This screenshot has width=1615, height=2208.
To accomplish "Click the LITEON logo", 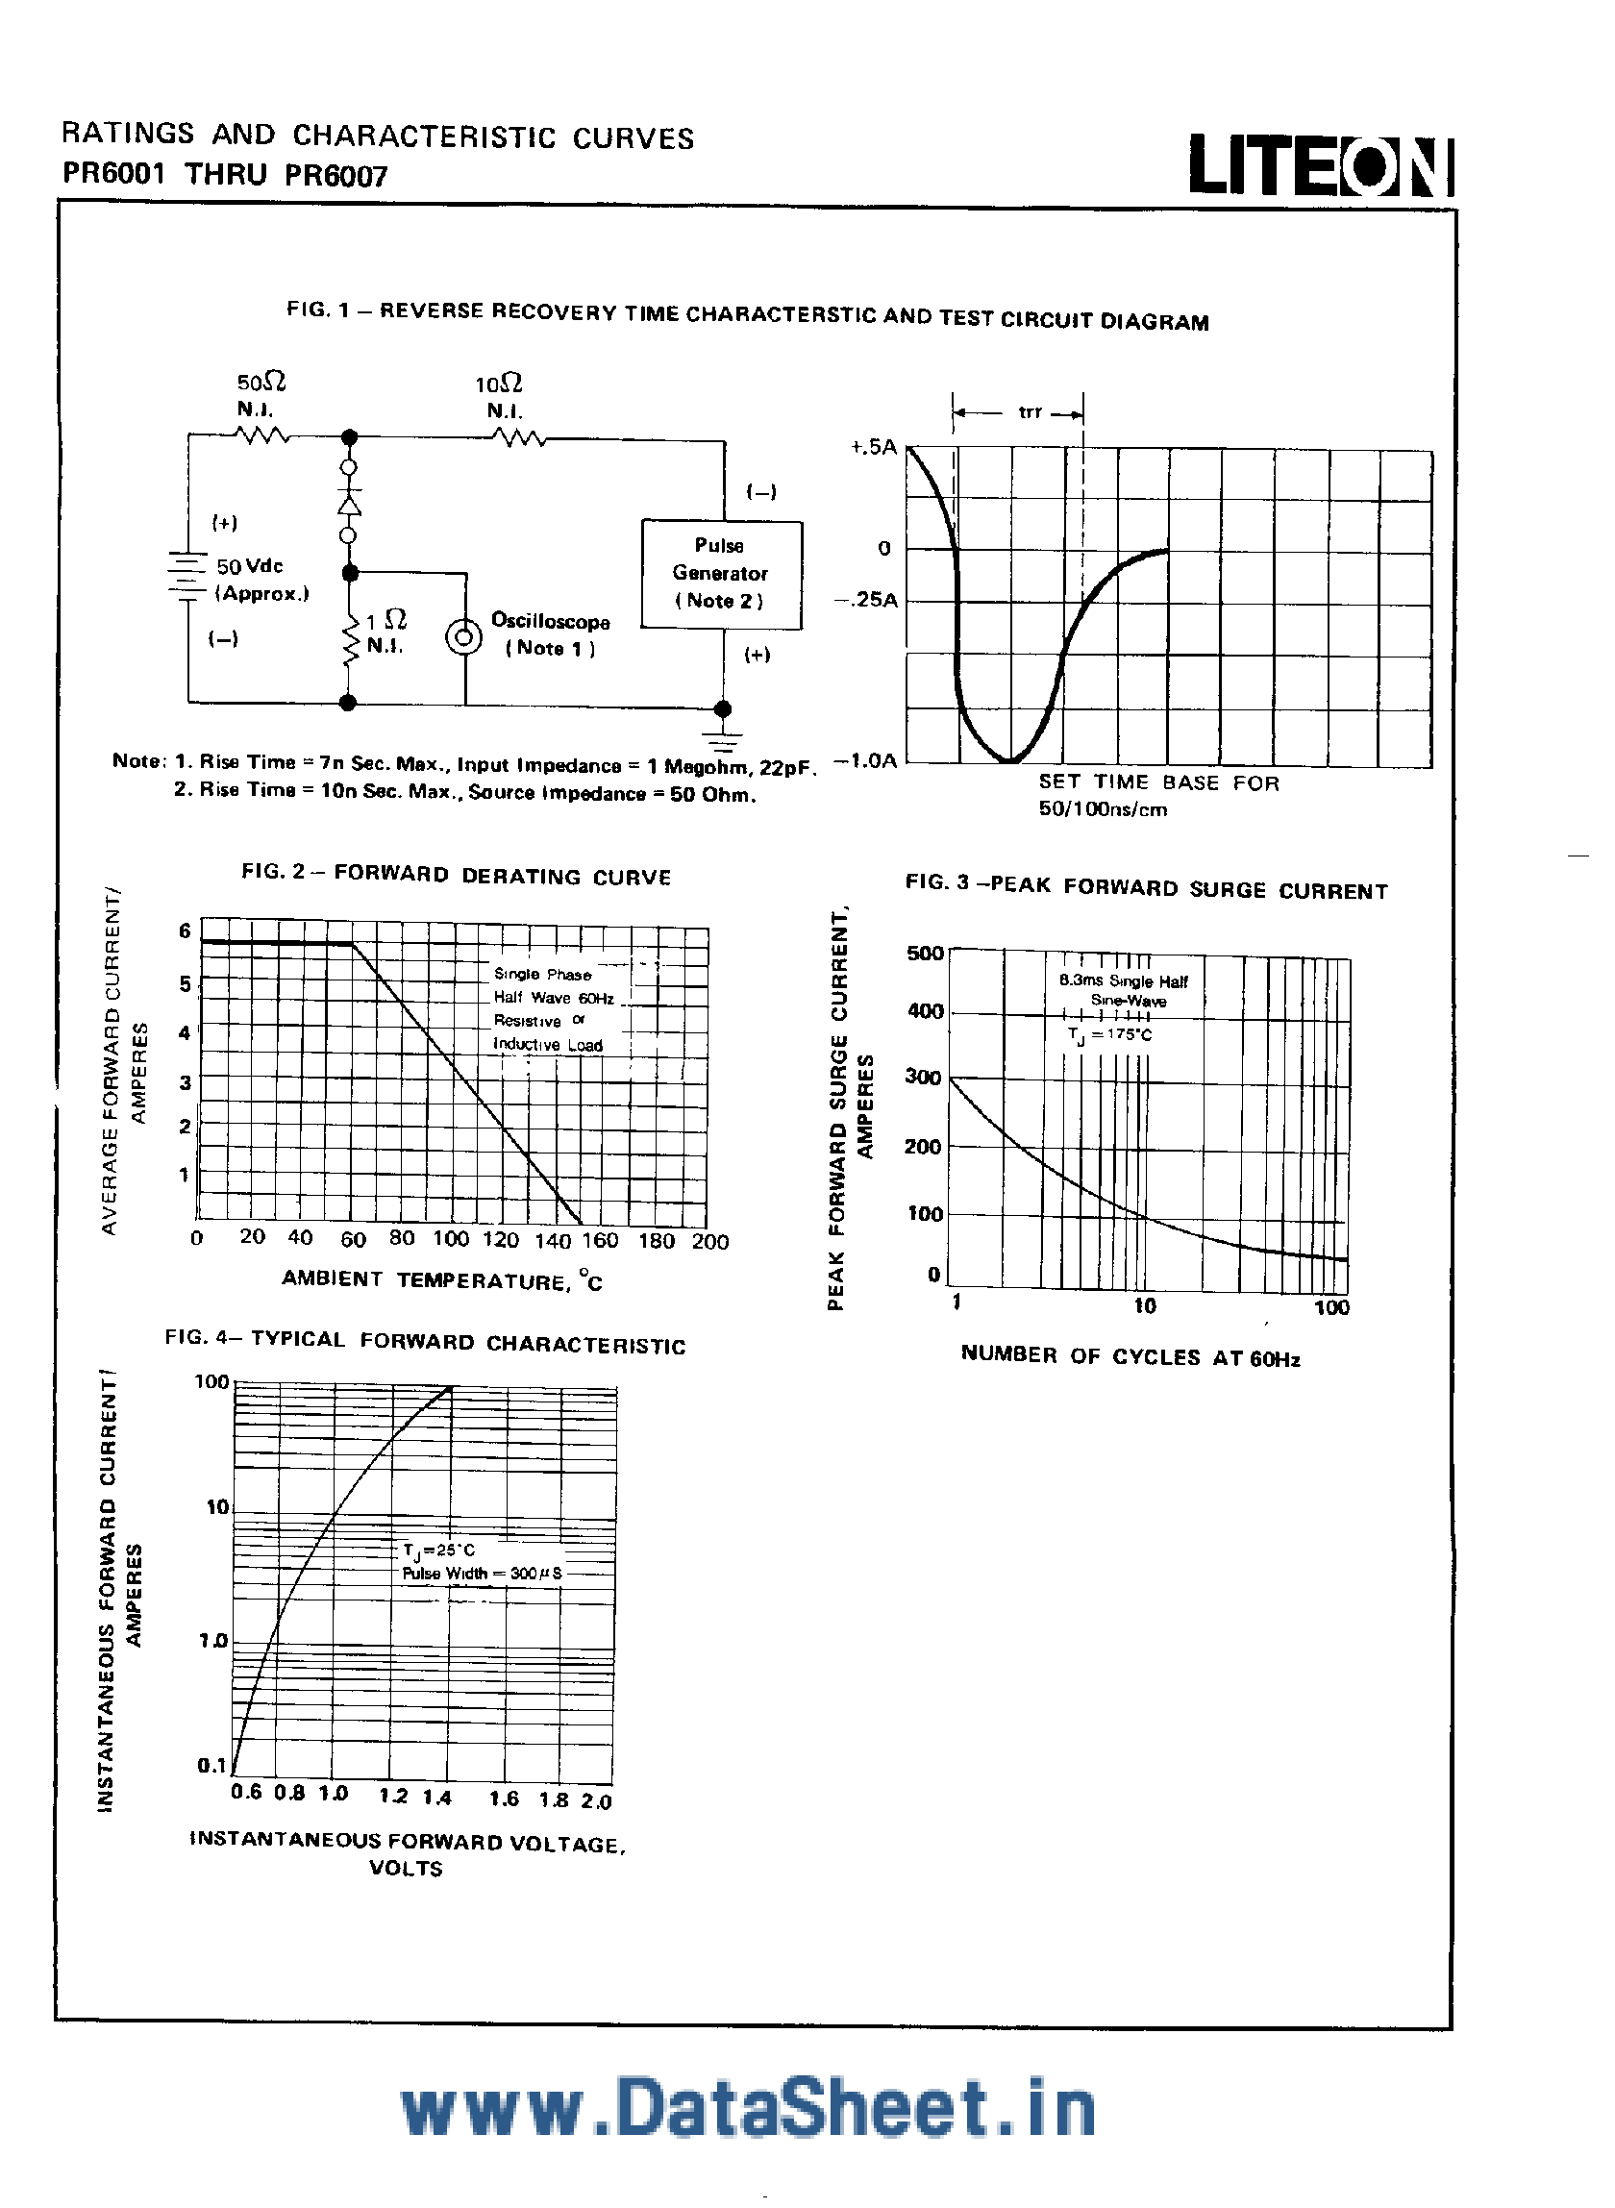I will click(1320, 166).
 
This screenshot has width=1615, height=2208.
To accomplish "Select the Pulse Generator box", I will click(722, 574).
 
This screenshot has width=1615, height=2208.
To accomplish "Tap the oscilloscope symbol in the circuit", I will click(463, 638).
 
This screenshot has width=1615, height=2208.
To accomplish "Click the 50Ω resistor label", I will click(261, 383).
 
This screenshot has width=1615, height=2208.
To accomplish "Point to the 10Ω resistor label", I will click(499, 385).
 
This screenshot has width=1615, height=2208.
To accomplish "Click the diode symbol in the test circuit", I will click(348, 502).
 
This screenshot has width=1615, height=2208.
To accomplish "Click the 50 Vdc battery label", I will click(250, 567).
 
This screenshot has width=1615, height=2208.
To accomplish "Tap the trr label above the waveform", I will click(1030, 412).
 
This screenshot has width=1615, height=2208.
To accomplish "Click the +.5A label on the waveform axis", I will click(873, 448).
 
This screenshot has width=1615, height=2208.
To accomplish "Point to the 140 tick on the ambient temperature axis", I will click(553, 1240).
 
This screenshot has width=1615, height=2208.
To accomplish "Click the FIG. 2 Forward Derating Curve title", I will click(457, 874).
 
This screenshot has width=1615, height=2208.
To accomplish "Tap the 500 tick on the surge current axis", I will click(924, 953).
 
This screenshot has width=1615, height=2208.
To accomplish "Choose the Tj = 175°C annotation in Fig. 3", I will click(1109, 1034).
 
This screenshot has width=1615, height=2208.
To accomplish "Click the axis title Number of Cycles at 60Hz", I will click(1130, 1355).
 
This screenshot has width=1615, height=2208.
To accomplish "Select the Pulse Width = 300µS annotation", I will click(482, 1574).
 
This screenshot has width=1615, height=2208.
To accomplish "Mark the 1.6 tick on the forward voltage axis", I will click(505, 1799).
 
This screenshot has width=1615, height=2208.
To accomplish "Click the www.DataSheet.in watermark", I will click(748, 2109).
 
